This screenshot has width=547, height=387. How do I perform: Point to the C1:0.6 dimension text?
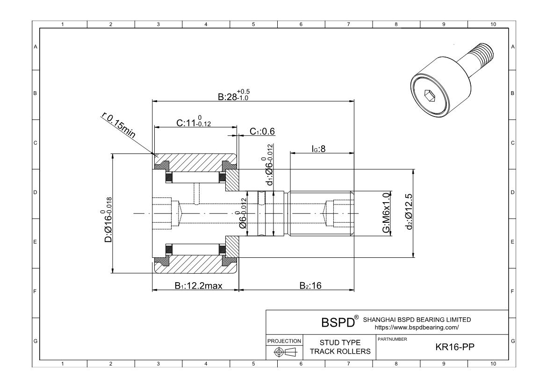coord(262,131)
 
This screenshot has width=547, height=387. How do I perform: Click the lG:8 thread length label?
coord(318,149)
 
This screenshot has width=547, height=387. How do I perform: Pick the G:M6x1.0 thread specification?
coord(386,212)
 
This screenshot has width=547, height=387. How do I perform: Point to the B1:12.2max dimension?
coord(198,286)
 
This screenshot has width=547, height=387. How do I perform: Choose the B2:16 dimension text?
coord(310,286)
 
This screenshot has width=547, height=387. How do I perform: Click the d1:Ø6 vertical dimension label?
coord(270,164)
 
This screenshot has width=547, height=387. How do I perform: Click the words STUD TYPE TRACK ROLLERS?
coord(339,348)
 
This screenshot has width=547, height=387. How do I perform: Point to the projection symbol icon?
coord(284,352)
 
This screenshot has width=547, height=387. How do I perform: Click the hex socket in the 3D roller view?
coord(429,97)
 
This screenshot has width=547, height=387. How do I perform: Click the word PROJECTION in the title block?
coord(284,341)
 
